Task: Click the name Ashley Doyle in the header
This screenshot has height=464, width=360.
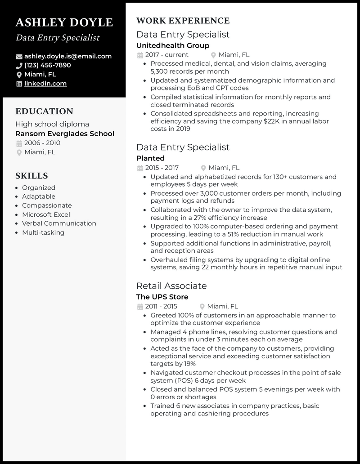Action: pyautogui.click(x=64, y=22)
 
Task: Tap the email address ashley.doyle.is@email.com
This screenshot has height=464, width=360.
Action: pyautogui.click(x=68, y=56)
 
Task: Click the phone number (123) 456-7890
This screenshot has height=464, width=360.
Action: pyautogui.click(x=48, y=65)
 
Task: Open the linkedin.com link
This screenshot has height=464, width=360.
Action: pyautogui.click(x=45, y=83)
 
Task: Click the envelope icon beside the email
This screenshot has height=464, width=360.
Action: pyautogui.click(x=19, y=57)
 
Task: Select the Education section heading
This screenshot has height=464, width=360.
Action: pyautogui.click(x=44, y=112)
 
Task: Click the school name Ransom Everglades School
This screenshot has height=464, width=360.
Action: pyautogui.click(x=65, y=134)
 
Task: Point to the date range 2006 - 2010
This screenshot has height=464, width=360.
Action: pyautogui.click(x=42, y=143)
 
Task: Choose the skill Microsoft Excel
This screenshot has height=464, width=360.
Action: pyautogui.click(x=46, y=214)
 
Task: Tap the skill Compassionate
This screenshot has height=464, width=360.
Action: pyautogui.click(x=47, y=205)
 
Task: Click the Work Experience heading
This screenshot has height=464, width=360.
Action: pyautogui.click(x=183, y=21)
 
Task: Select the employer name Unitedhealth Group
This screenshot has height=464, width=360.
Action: pyautogui.click(x=173, y=45)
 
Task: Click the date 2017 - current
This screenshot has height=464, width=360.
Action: pyautogui.click(x=166, y=55)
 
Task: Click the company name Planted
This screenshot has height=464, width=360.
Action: pyautogui.click(x=150, y=158)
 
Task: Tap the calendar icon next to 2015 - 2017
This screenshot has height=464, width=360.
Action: pyautogui.click(x=139, y=168)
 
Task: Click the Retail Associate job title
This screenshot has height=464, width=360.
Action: pyautogui.click(x=171, y=286)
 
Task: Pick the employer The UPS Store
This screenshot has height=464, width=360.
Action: pyautogui.click(x=162, y=297)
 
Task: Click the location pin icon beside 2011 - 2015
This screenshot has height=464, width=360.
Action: pyautogui.click(x=203, y=307)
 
